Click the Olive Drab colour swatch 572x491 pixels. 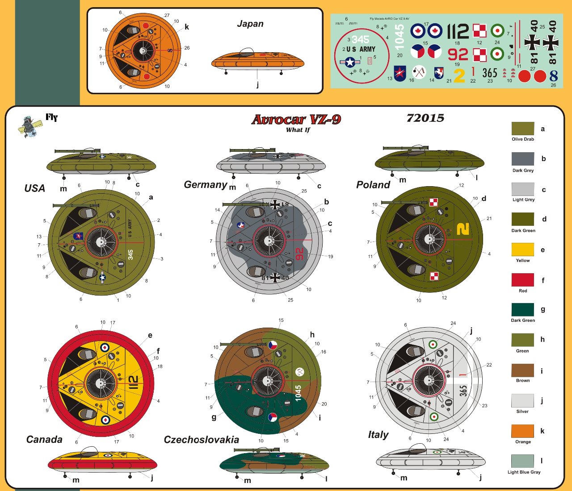click(x=522, y=129)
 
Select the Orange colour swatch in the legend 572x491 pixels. click(x=522, y=431)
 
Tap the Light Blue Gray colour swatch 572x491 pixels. click(x=522, y=461)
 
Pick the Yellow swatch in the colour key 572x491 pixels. click(x=522, y=250)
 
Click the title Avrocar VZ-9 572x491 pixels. click(x=296, y=120)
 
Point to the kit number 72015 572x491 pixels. click(x=425, y=118)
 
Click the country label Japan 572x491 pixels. click(x=250, y=24)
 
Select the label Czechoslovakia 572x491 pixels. click(x=202, y=440)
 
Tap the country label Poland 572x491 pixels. click(x=373, y=185)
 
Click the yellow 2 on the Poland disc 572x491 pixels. click(x=463, y=229)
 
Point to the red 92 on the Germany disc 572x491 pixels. click(x=299, y=254)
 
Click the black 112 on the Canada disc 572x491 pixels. click(x=133, y=383)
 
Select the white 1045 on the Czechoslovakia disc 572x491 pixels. click(x=298, y=393)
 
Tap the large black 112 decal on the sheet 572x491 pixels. click(x=458, y=32)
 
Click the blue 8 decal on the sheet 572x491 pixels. click(x=554, y=76)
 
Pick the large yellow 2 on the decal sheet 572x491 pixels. click(x=459, y=75)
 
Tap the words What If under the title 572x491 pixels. click(x=298, y=130)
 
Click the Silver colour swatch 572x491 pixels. click(x=522, y=400)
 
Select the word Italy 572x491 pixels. click(x=378, y=435)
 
